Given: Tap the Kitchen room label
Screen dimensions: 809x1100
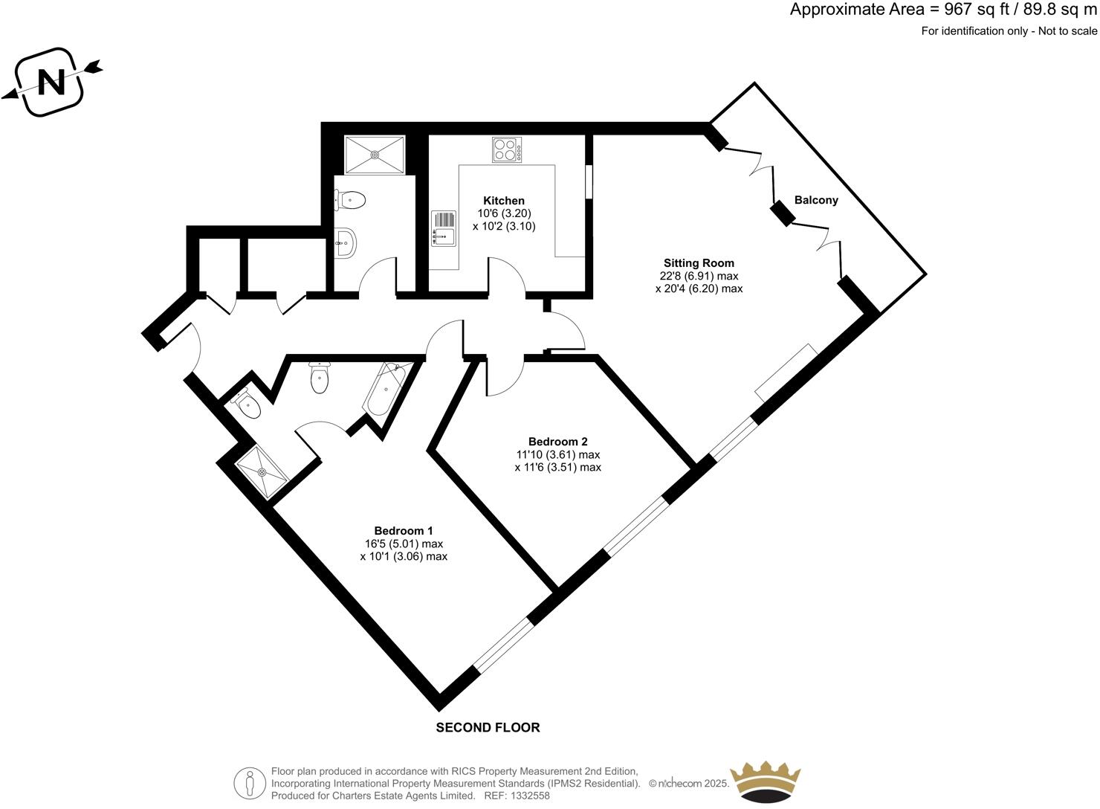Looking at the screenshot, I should tap(504, 201).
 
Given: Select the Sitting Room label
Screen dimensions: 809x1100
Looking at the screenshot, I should tap(699, 262).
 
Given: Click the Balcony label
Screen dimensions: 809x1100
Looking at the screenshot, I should tap(816, 200).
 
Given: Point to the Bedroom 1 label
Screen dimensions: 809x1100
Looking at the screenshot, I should tap(404, 530).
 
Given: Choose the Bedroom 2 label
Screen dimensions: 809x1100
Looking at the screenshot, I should tap(557, 441).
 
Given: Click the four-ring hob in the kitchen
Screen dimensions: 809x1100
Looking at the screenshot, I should tap(507, 149).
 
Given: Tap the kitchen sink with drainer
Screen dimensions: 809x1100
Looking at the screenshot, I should tap(444, 228).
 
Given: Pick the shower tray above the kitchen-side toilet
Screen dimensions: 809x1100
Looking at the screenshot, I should tap(375, 154).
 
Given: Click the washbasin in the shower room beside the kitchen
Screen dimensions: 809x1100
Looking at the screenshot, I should tap(346, 241).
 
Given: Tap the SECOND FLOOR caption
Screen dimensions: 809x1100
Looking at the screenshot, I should tap(488, 727).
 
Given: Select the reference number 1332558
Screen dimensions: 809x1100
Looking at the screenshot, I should tap(528, 796).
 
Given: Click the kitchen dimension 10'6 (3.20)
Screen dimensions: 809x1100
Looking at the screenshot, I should tap(504, 213).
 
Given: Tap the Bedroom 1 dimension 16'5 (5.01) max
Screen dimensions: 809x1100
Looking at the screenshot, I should tap(404, 544).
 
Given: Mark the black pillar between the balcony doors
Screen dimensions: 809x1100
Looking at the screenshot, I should tap(782, 213).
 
